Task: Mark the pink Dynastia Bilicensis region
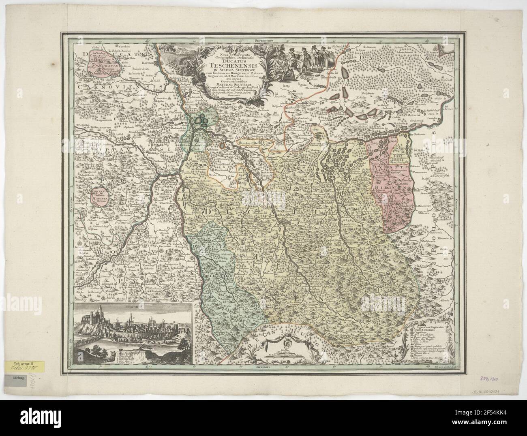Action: click(x=390, y=182)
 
